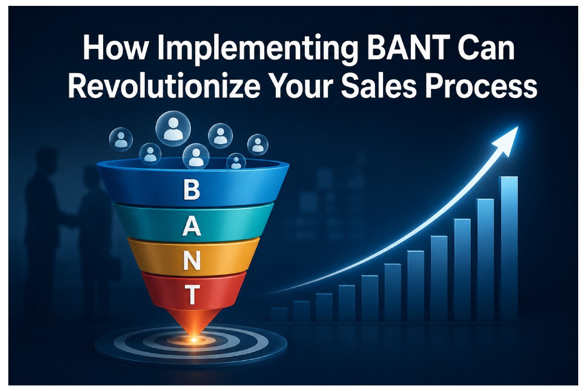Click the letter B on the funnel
tap(192, 190)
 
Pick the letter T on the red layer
tap(192, 294)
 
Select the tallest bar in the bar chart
tap(509, 249)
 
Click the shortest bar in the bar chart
tap(278, 315)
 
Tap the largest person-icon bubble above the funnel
tap(173, 129)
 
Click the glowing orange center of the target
tap(194, 340)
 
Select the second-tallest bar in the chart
tap(486, 260)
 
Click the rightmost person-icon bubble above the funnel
tap(258, 145)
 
